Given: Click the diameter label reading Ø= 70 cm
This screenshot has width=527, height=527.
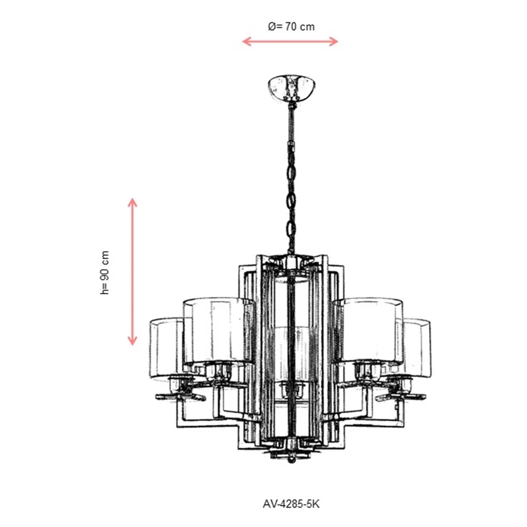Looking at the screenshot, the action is (291, 26).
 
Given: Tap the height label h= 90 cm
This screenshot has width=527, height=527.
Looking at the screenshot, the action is (104, 273).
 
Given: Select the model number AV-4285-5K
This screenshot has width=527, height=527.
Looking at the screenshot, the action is (291, 504).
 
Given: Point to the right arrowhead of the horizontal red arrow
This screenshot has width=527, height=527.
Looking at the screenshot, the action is (334, 41).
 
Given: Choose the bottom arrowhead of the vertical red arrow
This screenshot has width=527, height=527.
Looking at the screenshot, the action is (132, 340).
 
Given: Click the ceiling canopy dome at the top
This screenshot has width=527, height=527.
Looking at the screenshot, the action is (292, 87).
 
